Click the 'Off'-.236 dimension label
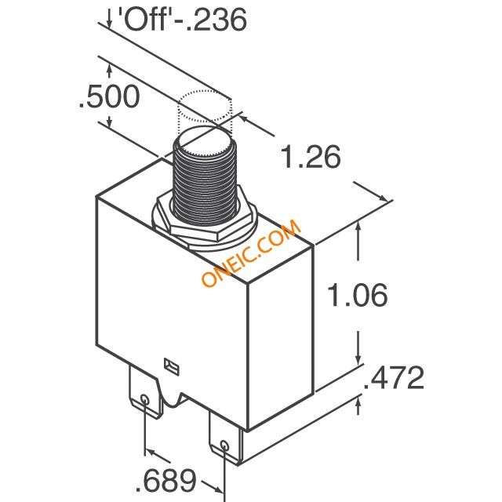coord(182,20)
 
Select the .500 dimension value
coord(110,96)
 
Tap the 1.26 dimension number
coord(311,157)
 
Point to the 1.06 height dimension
coord(358,295)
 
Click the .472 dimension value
coord(394,378)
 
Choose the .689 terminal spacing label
coord(166,481)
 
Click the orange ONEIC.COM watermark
coord(252,253)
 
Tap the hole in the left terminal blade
coord(144,400)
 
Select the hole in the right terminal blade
coord(225,446)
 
